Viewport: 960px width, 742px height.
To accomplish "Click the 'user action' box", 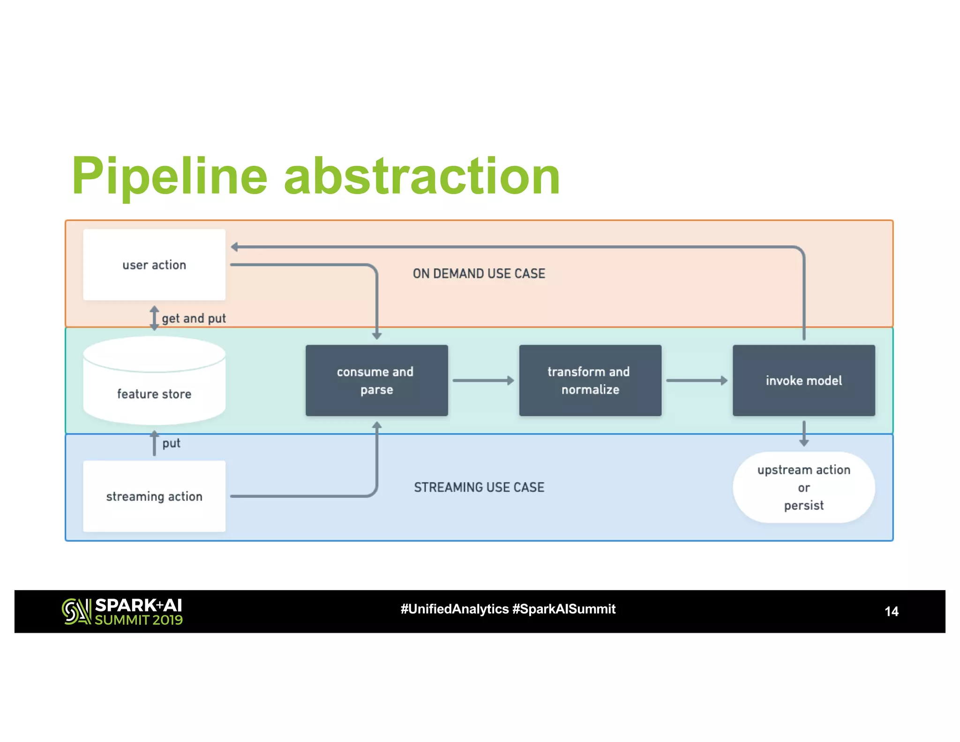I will (154, 265).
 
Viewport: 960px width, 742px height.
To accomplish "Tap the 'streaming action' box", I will (154, 496).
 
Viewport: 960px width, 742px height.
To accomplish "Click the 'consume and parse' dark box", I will (376, 380).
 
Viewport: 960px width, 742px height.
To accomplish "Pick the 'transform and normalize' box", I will (590, 380).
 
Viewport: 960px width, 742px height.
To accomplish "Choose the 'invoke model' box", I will (803, 380).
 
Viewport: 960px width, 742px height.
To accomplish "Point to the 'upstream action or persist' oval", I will (803, 487).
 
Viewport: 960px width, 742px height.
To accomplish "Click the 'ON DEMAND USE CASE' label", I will (479, 273).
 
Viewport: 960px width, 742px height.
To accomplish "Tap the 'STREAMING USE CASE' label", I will (479, 487).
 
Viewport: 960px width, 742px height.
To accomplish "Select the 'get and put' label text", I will (194, 318).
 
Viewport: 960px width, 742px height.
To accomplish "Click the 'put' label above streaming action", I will (171, 443).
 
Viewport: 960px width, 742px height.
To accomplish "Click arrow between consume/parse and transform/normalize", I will (483, 380).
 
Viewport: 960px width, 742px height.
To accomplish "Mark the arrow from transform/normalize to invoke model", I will (697, 380).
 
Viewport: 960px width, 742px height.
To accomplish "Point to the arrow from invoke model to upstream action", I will (803, 433).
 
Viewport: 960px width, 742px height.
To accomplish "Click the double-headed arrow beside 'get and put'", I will (154, 318).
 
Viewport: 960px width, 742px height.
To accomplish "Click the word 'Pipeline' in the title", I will (169, 176).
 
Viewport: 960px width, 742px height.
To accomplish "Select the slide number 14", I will (891, 611).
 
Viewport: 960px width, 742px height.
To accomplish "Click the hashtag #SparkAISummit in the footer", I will (563, 609).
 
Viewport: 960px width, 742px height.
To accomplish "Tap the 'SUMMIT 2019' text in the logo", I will (138, 620).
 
